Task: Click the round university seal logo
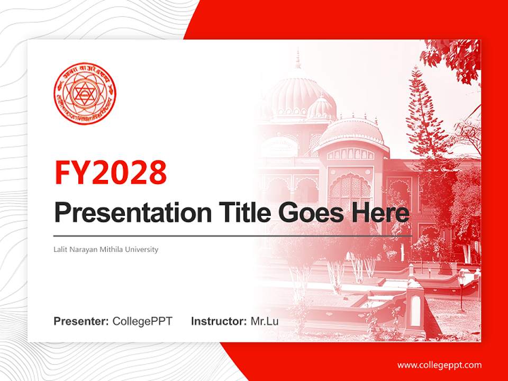point(85,94)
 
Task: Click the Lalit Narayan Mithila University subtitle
point(106,249)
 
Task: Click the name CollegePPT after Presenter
point(142,321)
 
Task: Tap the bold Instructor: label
point(219,321)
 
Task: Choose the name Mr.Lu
point(264,321)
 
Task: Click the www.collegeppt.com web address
point(439,365)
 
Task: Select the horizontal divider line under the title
point(233,235)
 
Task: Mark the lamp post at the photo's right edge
point(461,288)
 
